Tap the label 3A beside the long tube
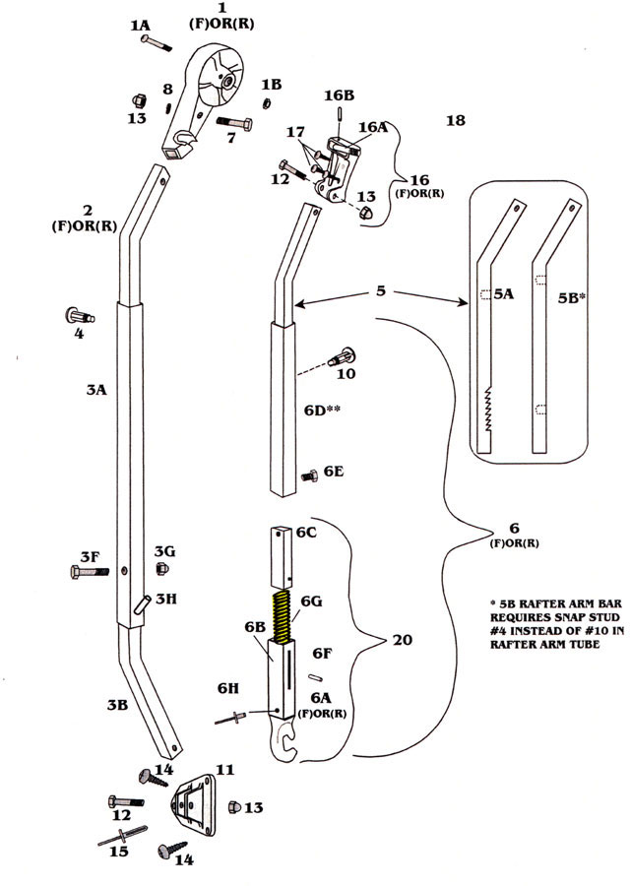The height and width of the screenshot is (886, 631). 95,390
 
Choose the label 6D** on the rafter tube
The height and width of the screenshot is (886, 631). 321,410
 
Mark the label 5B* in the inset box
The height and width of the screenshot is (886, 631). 571,294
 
